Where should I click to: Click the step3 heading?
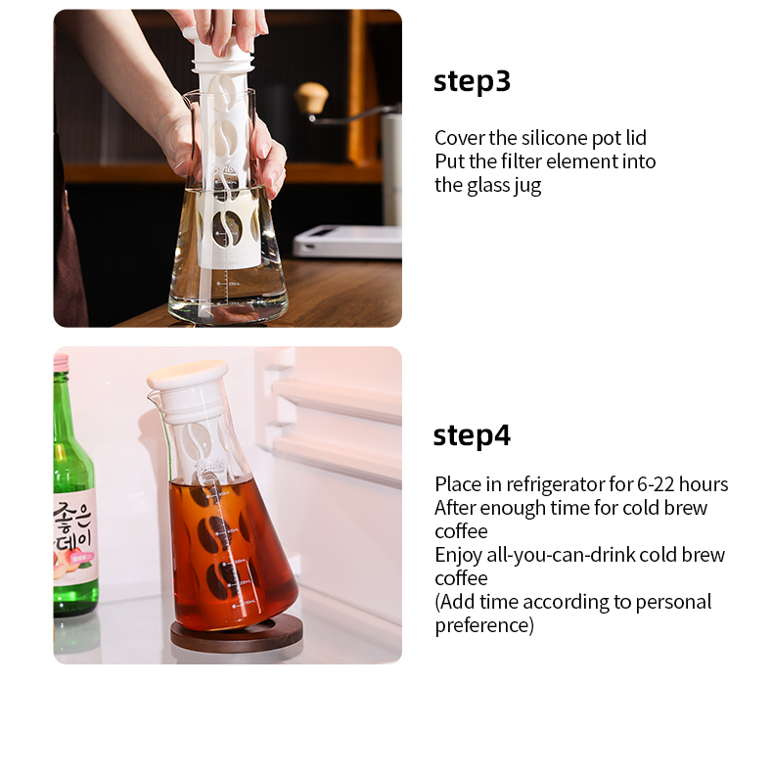472,81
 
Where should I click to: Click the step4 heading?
472,435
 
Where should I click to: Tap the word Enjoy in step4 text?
458,556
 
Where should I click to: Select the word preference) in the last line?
484,625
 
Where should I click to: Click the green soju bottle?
74,487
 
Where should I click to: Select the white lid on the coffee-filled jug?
188,374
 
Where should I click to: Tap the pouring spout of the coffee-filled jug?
153,394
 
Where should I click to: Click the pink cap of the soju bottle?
61,362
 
